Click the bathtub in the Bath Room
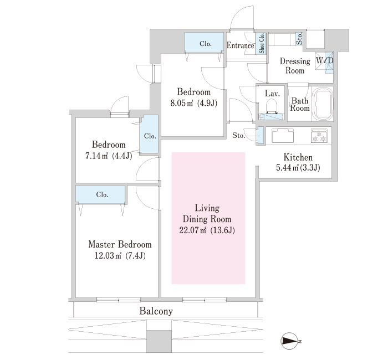point(323,104)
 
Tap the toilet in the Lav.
point(272,106)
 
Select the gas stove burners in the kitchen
point(319,136)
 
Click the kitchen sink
point(283,135)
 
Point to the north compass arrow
point(289,342)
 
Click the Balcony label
point(156,311)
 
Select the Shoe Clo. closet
point(261,44)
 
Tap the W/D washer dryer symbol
point(324,61)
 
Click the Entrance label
point(240,46)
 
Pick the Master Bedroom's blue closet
point(100,194)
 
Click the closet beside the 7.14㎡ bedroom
point(150,134)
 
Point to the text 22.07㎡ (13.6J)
point(207,230)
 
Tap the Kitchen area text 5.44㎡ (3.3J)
point(298,168)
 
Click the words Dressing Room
point(295,66)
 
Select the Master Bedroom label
point(120,245)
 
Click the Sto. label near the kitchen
point(238,135)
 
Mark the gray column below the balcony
point(159,342)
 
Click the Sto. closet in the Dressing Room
point(299,39)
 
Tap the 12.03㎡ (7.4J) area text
point(120,255)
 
